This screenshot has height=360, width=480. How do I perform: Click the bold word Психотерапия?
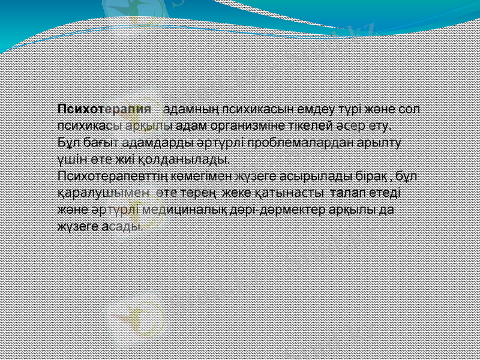pos(104,109)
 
